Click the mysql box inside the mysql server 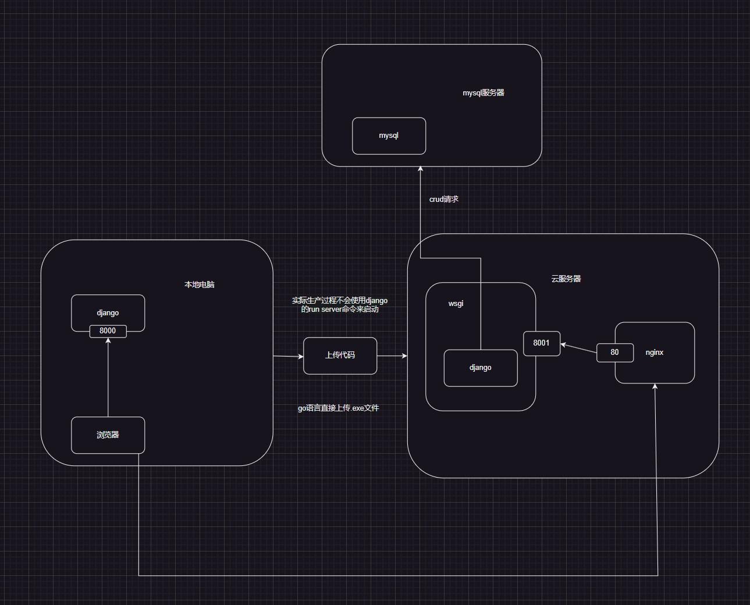click(x=389, y=136)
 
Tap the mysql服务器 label click(x=484, y=93)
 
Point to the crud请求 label click(x=444, y=200)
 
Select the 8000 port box click(x=108, y=331)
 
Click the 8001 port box click(x=542, y=343)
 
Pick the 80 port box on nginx click(x=614, y=353)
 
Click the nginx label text click(x=655, y=353)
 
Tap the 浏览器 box click(x=108, y=435)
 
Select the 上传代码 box click(x=340, y=355)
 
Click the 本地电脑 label click(x=200, y=285)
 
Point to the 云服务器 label click(x=566, y=279)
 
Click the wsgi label click(x=456, y=304)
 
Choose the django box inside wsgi click(x=481, y=368)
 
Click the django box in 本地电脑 click(x=108, y=312)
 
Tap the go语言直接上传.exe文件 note click(x=339, y=408)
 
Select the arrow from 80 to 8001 click(x=578, y=348)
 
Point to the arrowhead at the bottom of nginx click(x=655, y=387)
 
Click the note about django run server click(x=340, y=305)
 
